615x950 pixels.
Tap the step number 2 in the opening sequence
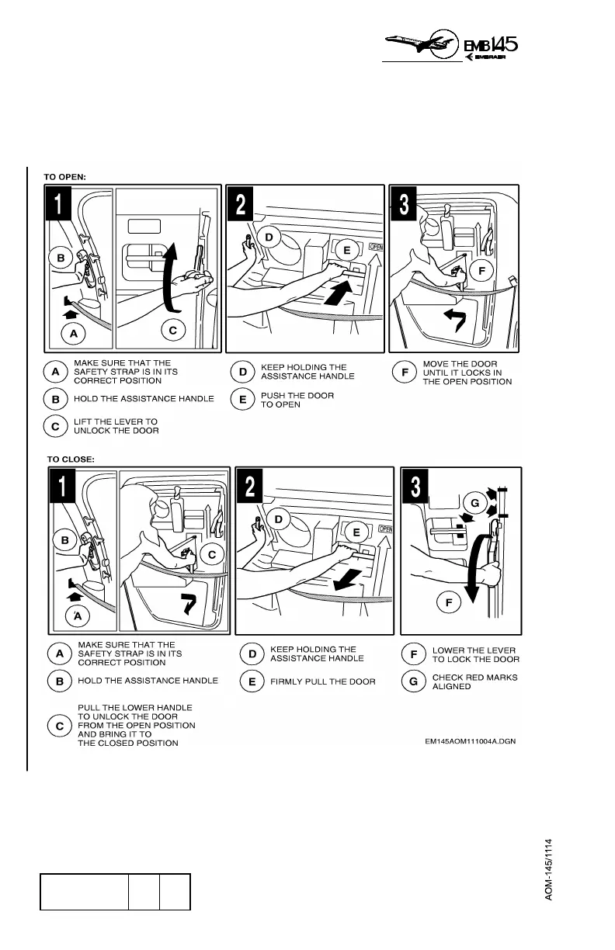click(241, 204)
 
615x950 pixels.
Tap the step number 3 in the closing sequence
click(416, 487)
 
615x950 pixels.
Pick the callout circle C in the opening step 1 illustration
click(172, 330)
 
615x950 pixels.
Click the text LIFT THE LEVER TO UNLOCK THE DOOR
click(116, 425)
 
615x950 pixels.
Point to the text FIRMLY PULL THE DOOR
click(322, 681)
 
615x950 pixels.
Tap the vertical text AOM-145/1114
click(548, 869)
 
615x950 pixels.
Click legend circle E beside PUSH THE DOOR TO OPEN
click(242, 400)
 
